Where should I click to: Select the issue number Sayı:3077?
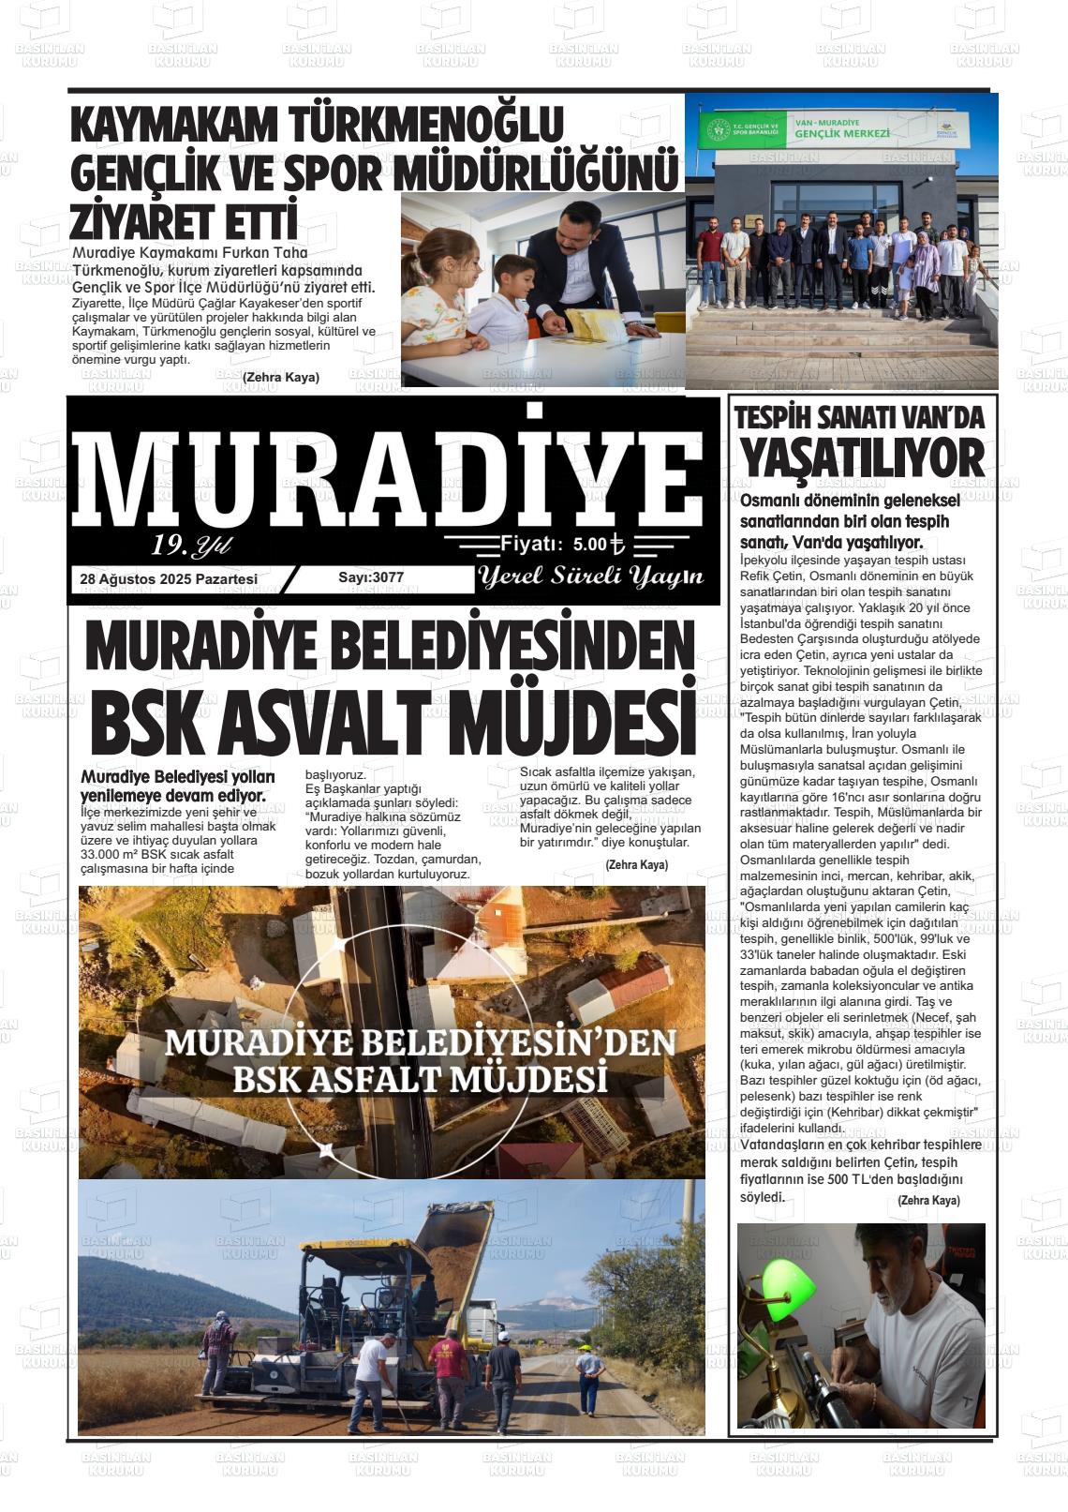371,577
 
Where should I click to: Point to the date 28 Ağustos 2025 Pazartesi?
169,579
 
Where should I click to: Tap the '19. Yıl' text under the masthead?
191,546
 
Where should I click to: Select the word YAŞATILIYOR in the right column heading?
862,459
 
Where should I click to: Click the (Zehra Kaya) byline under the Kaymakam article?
281,377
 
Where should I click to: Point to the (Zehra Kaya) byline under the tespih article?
928,1200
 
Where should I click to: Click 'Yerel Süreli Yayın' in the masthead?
590,577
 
